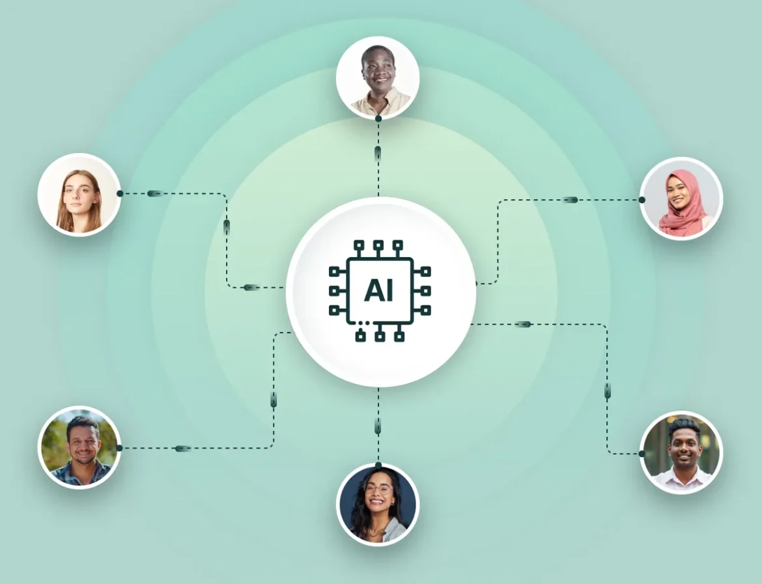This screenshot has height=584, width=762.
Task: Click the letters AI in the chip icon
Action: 378,290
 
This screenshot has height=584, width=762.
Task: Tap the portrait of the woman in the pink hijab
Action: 681,199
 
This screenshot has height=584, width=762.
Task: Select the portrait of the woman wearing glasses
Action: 378,505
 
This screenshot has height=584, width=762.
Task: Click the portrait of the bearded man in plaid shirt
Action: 79,447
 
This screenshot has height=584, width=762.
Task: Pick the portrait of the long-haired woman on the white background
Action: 79,195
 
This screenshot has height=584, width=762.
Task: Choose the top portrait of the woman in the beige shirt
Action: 378,77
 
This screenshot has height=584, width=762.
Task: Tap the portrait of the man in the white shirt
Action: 681,453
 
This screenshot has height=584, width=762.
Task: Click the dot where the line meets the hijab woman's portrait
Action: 642,200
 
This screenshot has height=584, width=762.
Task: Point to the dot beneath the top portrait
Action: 378,118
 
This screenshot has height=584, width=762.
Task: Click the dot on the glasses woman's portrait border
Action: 378,465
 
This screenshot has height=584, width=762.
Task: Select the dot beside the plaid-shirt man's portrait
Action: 120,448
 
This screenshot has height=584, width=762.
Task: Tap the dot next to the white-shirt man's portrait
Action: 642,454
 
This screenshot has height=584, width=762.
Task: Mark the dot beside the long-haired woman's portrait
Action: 120,193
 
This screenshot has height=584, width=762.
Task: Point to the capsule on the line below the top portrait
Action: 378,152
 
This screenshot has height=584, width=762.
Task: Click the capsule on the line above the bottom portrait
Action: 378,427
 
